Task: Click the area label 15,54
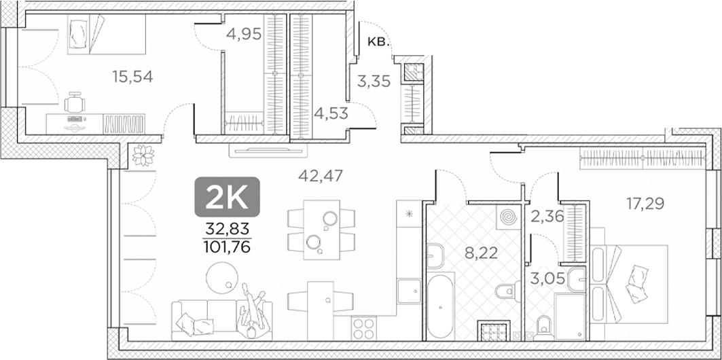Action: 132,77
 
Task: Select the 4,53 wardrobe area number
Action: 331,113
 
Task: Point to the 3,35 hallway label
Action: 374,82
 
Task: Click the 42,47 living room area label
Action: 321,175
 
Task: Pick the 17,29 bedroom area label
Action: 645,203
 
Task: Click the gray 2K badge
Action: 228,196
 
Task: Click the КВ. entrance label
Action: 379,42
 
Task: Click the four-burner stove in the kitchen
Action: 364,328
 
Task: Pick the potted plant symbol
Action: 142,156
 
